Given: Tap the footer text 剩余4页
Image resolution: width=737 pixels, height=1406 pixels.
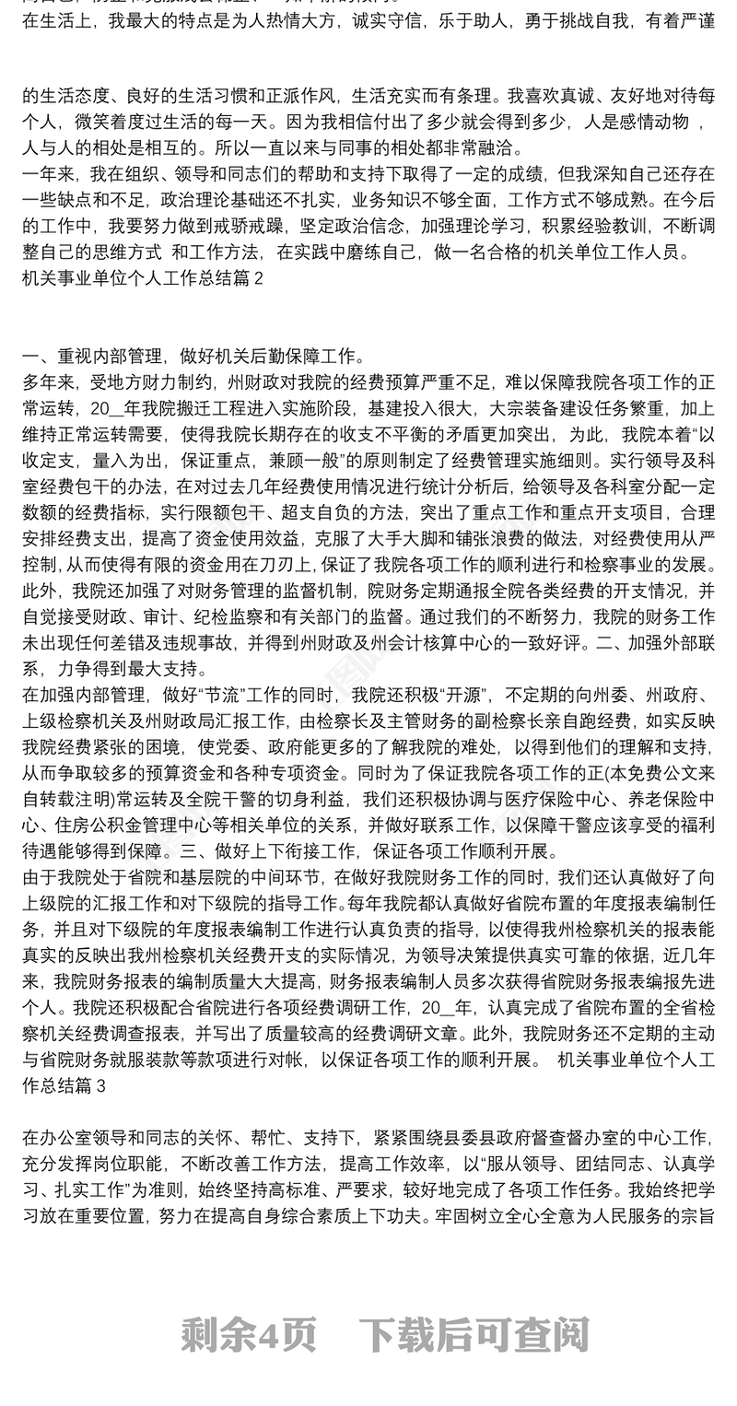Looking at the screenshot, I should pyautogui.click(x=248, y=1334).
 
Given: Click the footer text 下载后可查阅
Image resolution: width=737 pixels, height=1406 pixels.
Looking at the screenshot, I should pyautogui.click(x=474, y=1334).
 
